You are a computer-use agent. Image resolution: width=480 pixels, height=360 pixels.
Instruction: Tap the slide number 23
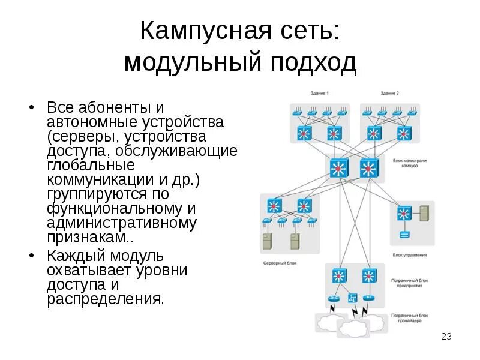pyautogui.click(x=446, y=337)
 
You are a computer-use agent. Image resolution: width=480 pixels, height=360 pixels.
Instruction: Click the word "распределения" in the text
pyautogui.click(x=105, y=299)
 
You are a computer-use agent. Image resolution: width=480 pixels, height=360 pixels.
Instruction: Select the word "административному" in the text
pyautogui.click(x=122, y=223)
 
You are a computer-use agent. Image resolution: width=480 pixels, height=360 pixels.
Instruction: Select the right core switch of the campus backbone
pyautogui.click(x=369, y=169)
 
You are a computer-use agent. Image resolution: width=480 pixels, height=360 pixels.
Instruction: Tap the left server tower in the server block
pyautogui.click(x=266, y=241)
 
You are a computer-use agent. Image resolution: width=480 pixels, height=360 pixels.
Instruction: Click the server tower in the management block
pyautogui.click(x=424, y=214)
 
